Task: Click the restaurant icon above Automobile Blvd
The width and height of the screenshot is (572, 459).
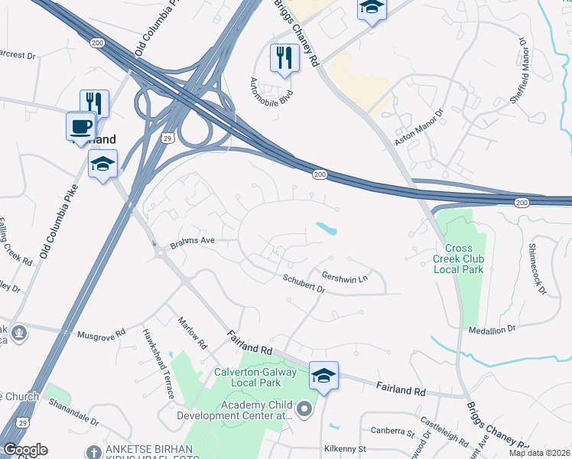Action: point(284,58)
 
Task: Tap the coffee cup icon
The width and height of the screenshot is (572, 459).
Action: point(80,126)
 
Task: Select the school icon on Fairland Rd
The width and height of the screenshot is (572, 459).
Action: point(323,376)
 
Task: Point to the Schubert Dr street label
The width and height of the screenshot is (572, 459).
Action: point(304,284)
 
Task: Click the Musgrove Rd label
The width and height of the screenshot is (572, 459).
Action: point(102,335)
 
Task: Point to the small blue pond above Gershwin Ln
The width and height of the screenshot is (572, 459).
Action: point(327,228)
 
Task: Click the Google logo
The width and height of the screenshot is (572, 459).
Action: point(25,450)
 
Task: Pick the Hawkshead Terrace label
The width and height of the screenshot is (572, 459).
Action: point(158,363)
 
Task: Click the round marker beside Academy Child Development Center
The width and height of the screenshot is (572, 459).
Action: point(304,409)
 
